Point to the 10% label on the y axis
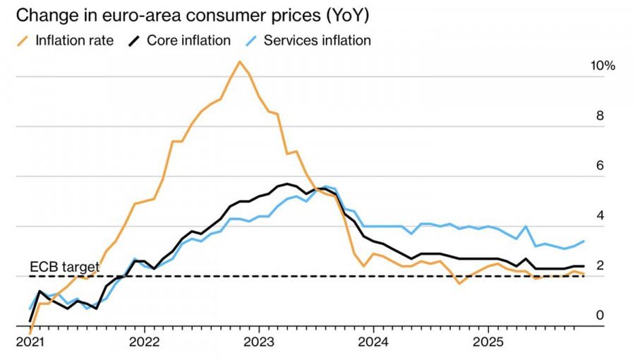(x=603, y=66)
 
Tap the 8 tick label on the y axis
(x=600, y=116)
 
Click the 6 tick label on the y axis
(x=600, y=166)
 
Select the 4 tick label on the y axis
(x=600, y=215)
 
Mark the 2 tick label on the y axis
(x=600, y=265)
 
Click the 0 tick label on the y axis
(x=600, y=315)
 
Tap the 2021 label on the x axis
(x=30, y=342)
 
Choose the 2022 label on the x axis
(x=145, y=342)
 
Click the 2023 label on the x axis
(x=258, y=342)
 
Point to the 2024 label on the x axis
(x=372, y=342)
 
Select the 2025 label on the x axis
(x=486, y=342)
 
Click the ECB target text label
(x=64, y=267)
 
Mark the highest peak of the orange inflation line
(x=240, y=61)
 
